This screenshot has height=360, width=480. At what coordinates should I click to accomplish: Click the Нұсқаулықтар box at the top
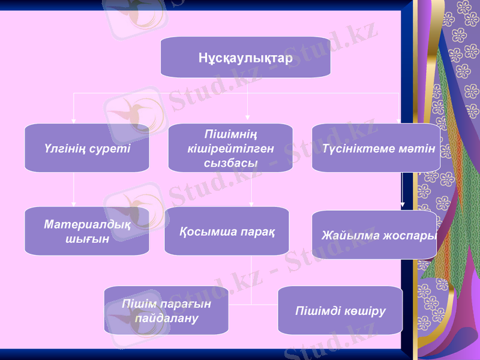[x=245, y=58]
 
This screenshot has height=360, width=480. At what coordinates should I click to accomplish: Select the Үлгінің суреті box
[x=87, y=148]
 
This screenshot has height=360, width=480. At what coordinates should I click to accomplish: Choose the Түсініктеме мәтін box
[x=376, y=148]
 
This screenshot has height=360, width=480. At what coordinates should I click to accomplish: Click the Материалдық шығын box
[x=87, y=231]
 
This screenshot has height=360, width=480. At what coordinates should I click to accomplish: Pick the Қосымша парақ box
[x=227, y=231]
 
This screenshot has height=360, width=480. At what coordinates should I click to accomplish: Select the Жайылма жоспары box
[x=374, y=235]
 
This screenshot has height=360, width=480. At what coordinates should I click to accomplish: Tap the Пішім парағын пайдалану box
[x=166, y=310]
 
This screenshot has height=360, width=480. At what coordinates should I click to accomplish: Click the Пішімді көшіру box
[x=340, y=310]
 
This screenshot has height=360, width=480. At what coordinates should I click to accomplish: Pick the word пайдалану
[x=166, y=317]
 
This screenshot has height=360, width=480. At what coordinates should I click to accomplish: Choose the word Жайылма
[x=344, y=235]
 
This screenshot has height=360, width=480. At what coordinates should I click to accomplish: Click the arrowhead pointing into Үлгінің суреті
[x=73, y=120]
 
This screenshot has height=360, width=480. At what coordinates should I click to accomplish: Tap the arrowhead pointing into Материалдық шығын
[x=73, y=203]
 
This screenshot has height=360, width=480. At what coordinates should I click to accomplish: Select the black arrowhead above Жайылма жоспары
[x=402, y=205]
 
